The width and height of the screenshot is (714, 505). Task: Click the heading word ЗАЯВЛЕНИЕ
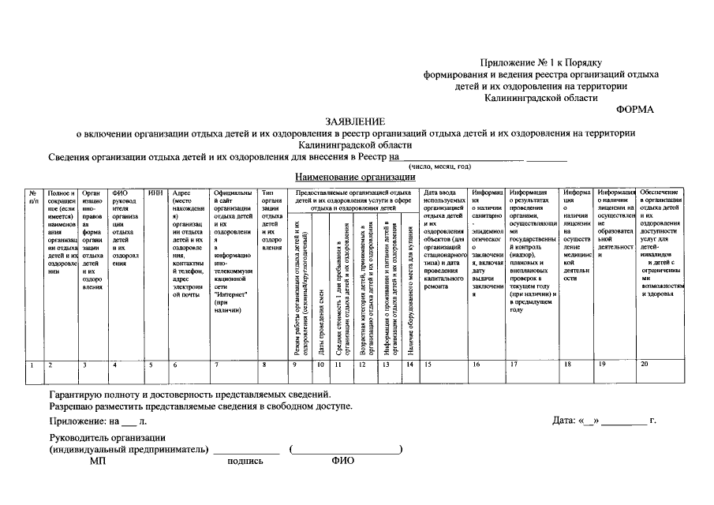click(x=356, y=122)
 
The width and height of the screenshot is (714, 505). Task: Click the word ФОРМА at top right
click(x=635, y=110)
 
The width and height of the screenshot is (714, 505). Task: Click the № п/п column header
click(x=33, y=196)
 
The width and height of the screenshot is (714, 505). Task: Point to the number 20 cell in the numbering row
click(x=645, y=364)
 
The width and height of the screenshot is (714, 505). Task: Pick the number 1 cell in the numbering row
click(x=32, y=364)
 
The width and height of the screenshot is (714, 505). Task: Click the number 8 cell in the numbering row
click(x=264, y=364)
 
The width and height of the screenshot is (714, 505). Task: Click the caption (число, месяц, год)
click(x=439, y=166)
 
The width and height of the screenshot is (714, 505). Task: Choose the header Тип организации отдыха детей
click(x=272, y=220)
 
